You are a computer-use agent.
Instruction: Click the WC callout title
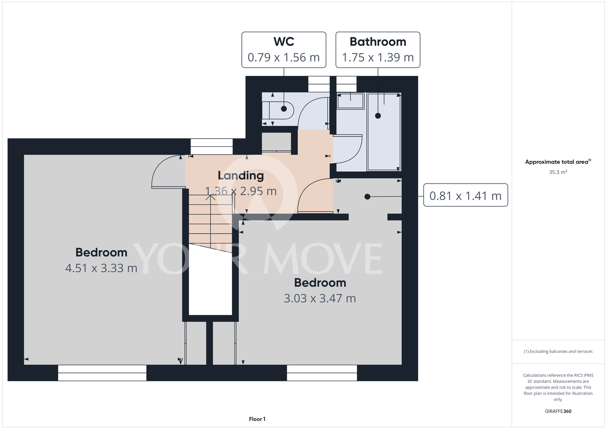click(284, 42)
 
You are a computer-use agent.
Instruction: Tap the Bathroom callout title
click(378, 42)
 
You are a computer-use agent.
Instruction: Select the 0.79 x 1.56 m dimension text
click(284, 57)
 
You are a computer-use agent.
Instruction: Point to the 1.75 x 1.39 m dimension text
click(378, 57)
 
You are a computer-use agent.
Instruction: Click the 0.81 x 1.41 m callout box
click(466, 195)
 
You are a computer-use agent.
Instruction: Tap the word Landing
click(241, 176)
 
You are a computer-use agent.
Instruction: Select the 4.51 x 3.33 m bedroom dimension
click(101, 268)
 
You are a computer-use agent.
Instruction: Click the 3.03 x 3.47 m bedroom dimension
click(320, 299)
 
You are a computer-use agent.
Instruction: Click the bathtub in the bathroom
click(384, 132)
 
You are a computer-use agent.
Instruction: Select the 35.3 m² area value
click(558, 172)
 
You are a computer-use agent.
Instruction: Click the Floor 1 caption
click(257, 419)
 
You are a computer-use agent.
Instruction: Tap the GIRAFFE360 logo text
click(558, 411)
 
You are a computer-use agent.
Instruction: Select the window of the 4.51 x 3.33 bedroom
click(102, 373)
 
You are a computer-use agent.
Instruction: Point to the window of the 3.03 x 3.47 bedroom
click(322, 373)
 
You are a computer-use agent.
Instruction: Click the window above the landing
click(212, 147)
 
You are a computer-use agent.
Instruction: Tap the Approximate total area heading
click(558, 162)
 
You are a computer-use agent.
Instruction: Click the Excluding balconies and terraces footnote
click(558, 351)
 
